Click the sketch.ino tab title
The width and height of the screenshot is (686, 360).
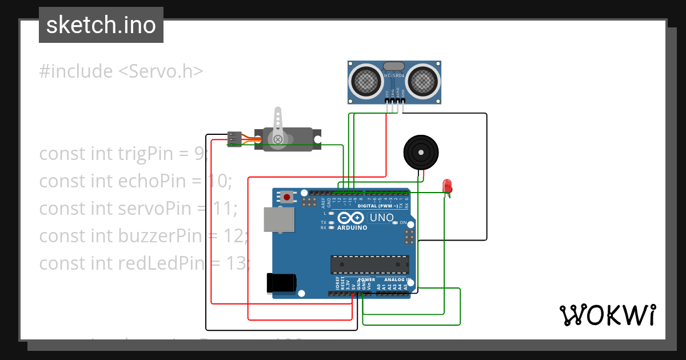(101, 25)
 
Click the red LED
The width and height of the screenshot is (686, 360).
(447, 186)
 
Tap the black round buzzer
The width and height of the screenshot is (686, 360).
(421, 152)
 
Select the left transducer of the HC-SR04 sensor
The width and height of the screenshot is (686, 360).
(366, 81)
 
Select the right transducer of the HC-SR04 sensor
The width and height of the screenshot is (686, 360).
(423, 81)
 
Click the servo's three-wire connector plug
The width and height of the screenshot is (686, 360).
(234, 138)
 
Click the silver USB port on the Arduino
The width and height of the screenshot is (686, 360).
(278, 219)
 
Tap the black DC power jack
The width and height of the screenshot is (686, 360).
(281, 283)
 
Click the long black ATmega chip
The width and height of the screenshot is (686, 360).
(370, 265)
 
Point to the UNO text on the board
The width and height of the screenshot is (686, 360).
(382, 218)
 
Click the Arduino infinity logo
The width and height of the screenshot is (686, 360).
(350, 218)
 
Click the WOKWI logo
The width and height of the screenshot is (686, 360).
(607, 315)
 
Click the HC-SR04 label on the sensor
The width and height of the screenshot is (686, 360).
(394, 75)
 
